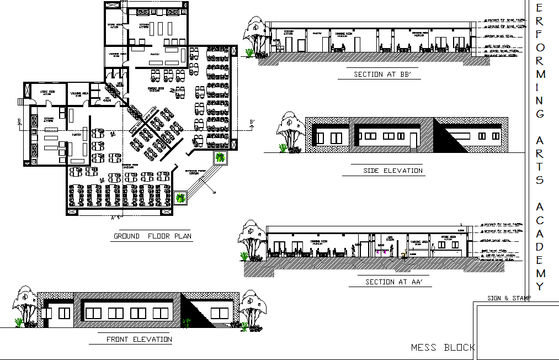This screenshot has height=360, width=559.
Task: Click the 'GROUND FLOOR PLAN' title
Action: pos(152,236)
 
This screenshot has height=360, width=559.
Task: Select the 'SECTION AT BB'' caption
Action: pos(384,75)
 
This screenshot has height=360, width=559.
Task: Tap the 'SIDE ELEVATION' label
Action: pos(393,171)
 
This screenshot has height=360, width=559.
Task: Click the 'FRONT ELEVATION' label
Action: pos(139,340)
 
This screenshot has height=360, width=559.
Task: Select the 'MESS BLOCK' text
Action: pos(443,348)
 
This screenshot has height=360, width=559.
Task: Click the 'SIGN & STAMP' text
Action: pos(509,298)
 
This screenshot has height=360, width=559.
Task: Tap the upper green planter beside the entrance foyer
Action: pos(221,157)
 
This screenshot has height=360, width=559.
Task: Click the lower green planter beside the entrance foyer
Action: pos(180,197)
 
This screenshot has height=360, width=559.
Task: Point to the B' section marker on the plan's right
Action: pos(252,123)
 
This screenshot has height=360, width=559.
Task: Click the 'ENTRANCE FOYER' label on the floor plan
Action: pos(195,172)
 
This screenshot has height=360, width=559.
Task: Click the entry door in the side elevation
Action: pos(413,140)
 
